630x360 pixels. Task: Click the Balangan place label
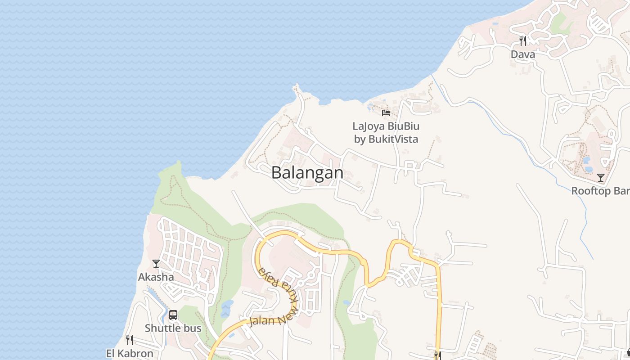pos(307,173)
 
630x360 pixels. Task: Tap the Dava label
pos(523,54)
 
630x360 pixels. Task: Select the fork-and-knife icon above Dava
pos(523,41)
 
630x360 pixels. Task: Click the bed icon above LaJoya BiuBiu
pos(386,112)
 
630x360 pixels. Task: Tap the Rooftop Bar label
pos(600,191)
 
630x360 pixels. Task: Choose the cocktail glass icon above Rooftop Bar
pos(600,177)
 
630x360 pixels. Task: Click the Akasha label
pos(156,277)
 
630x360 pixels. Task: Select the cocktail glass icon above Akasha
pos(156,263)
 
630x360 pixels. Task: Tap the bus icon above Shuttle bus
pos(173,315)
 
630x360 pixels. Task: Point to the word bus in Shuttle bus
pos(192,328)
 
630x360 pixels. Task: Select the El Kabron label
pos(130,353)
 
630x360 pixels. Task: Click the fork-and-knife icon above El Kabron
pos(130,340)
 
